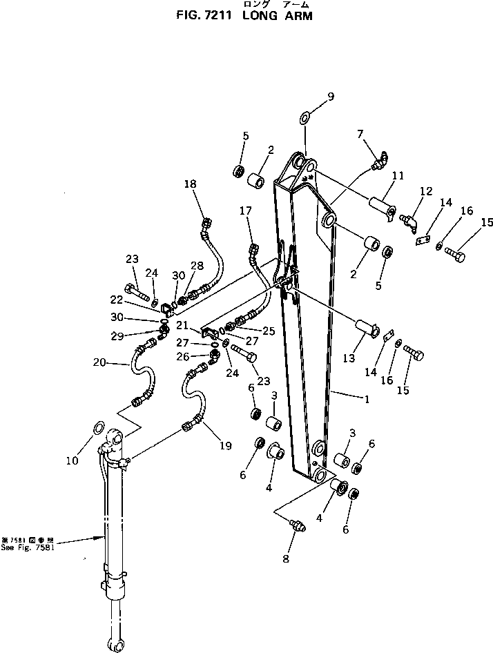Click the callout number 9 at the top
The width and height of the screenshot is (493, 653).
coord(331,97)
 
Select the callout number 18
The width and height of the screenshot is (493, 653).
coord(191,184)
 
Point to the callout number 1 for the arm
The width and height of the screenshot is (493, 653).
coord(366,399)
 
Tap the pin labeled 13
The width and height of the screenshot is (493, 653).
coord(365,326)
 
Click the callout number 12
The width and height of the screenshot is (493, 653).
coord(425,191)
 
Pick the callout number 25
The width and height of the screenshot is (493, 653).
coord(269,331)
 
